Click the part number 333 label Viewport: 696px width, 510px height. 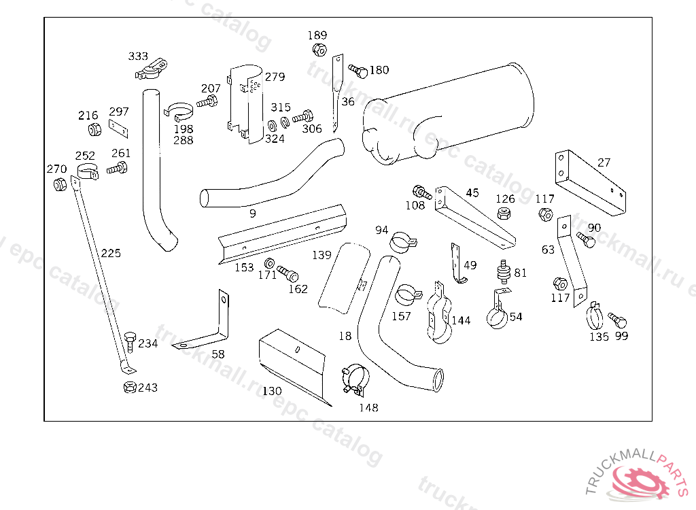138,56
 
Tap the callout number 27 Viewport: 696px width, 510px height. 604,163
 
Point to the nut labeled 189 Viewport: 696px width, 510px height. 318,50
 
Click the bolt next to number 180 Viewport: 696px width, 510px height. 358,70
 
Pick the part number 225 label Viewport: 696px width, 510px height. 111,253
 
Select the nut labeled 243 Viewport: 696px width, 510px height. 128,388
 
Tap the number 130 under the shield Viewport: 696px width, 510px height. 272,391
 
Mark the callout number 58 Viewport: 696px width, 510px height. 218,354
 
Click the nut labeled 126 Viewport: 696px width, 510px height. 504,214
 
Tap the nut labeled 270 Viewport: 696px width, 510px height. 59,184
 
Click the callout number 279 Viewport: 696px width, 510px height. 275,77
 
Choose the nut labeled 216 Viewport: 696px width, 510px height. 94,129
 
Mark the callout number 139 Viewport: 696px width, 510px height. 321,255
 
